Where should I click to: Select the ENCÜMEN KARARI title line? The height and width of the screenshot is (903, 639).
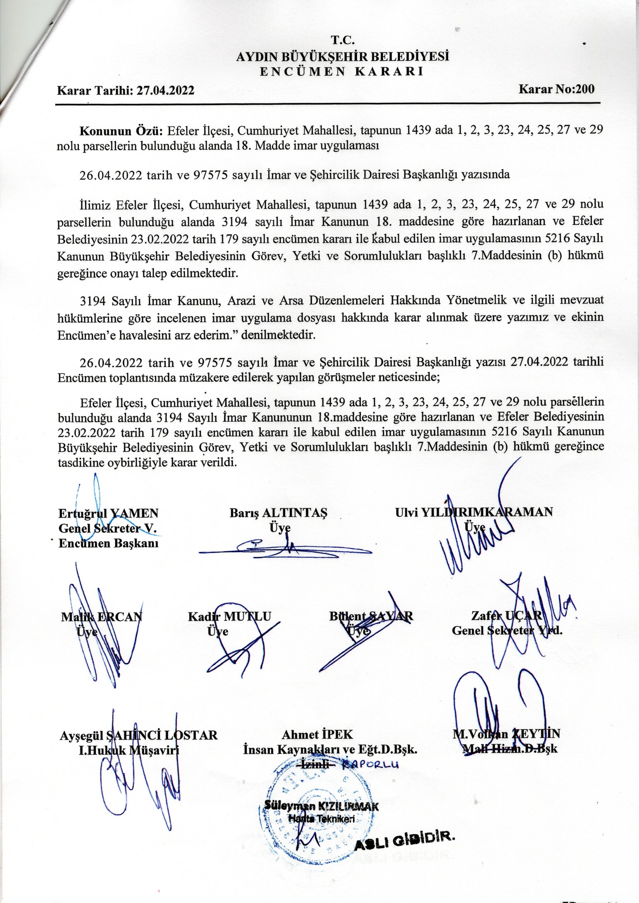point(342,72)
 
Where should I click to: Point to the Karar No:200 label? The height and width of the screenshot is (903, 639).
point(557,89)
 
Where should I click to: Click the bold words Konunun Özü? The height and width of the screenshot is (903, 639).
point(122,130)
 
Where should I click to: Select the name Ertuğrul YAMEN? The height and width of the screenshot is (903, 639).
point(108,513)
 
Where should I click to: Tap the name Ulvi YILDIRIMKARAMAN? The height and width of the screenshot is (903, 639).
point(474,512)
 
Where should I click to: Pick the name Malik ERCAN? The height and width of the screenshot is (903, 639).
point(102,616)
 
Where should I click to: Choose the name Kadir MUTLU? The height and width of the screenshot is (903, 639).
point(230,616)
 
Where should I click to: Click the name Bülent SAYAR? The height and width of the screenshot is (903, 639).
point(371,616)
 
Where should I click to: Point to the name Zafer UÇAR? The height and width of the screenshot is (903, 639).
point(507,616)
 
